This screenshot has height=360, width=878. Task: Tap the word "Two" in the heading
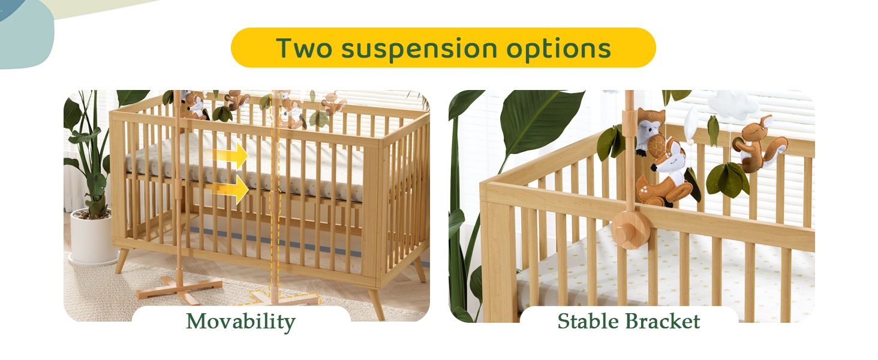tap(303, 48)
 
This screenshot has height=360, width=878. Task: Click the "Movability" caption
tap(240, 322)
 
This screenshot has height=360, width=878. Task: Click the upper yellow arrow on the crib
tap(231, 155)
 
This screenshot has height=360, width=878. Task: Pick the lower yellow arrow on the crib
tap(231, 189)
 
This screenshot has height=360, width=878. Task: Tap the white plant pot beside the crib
tap(92, 237)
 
